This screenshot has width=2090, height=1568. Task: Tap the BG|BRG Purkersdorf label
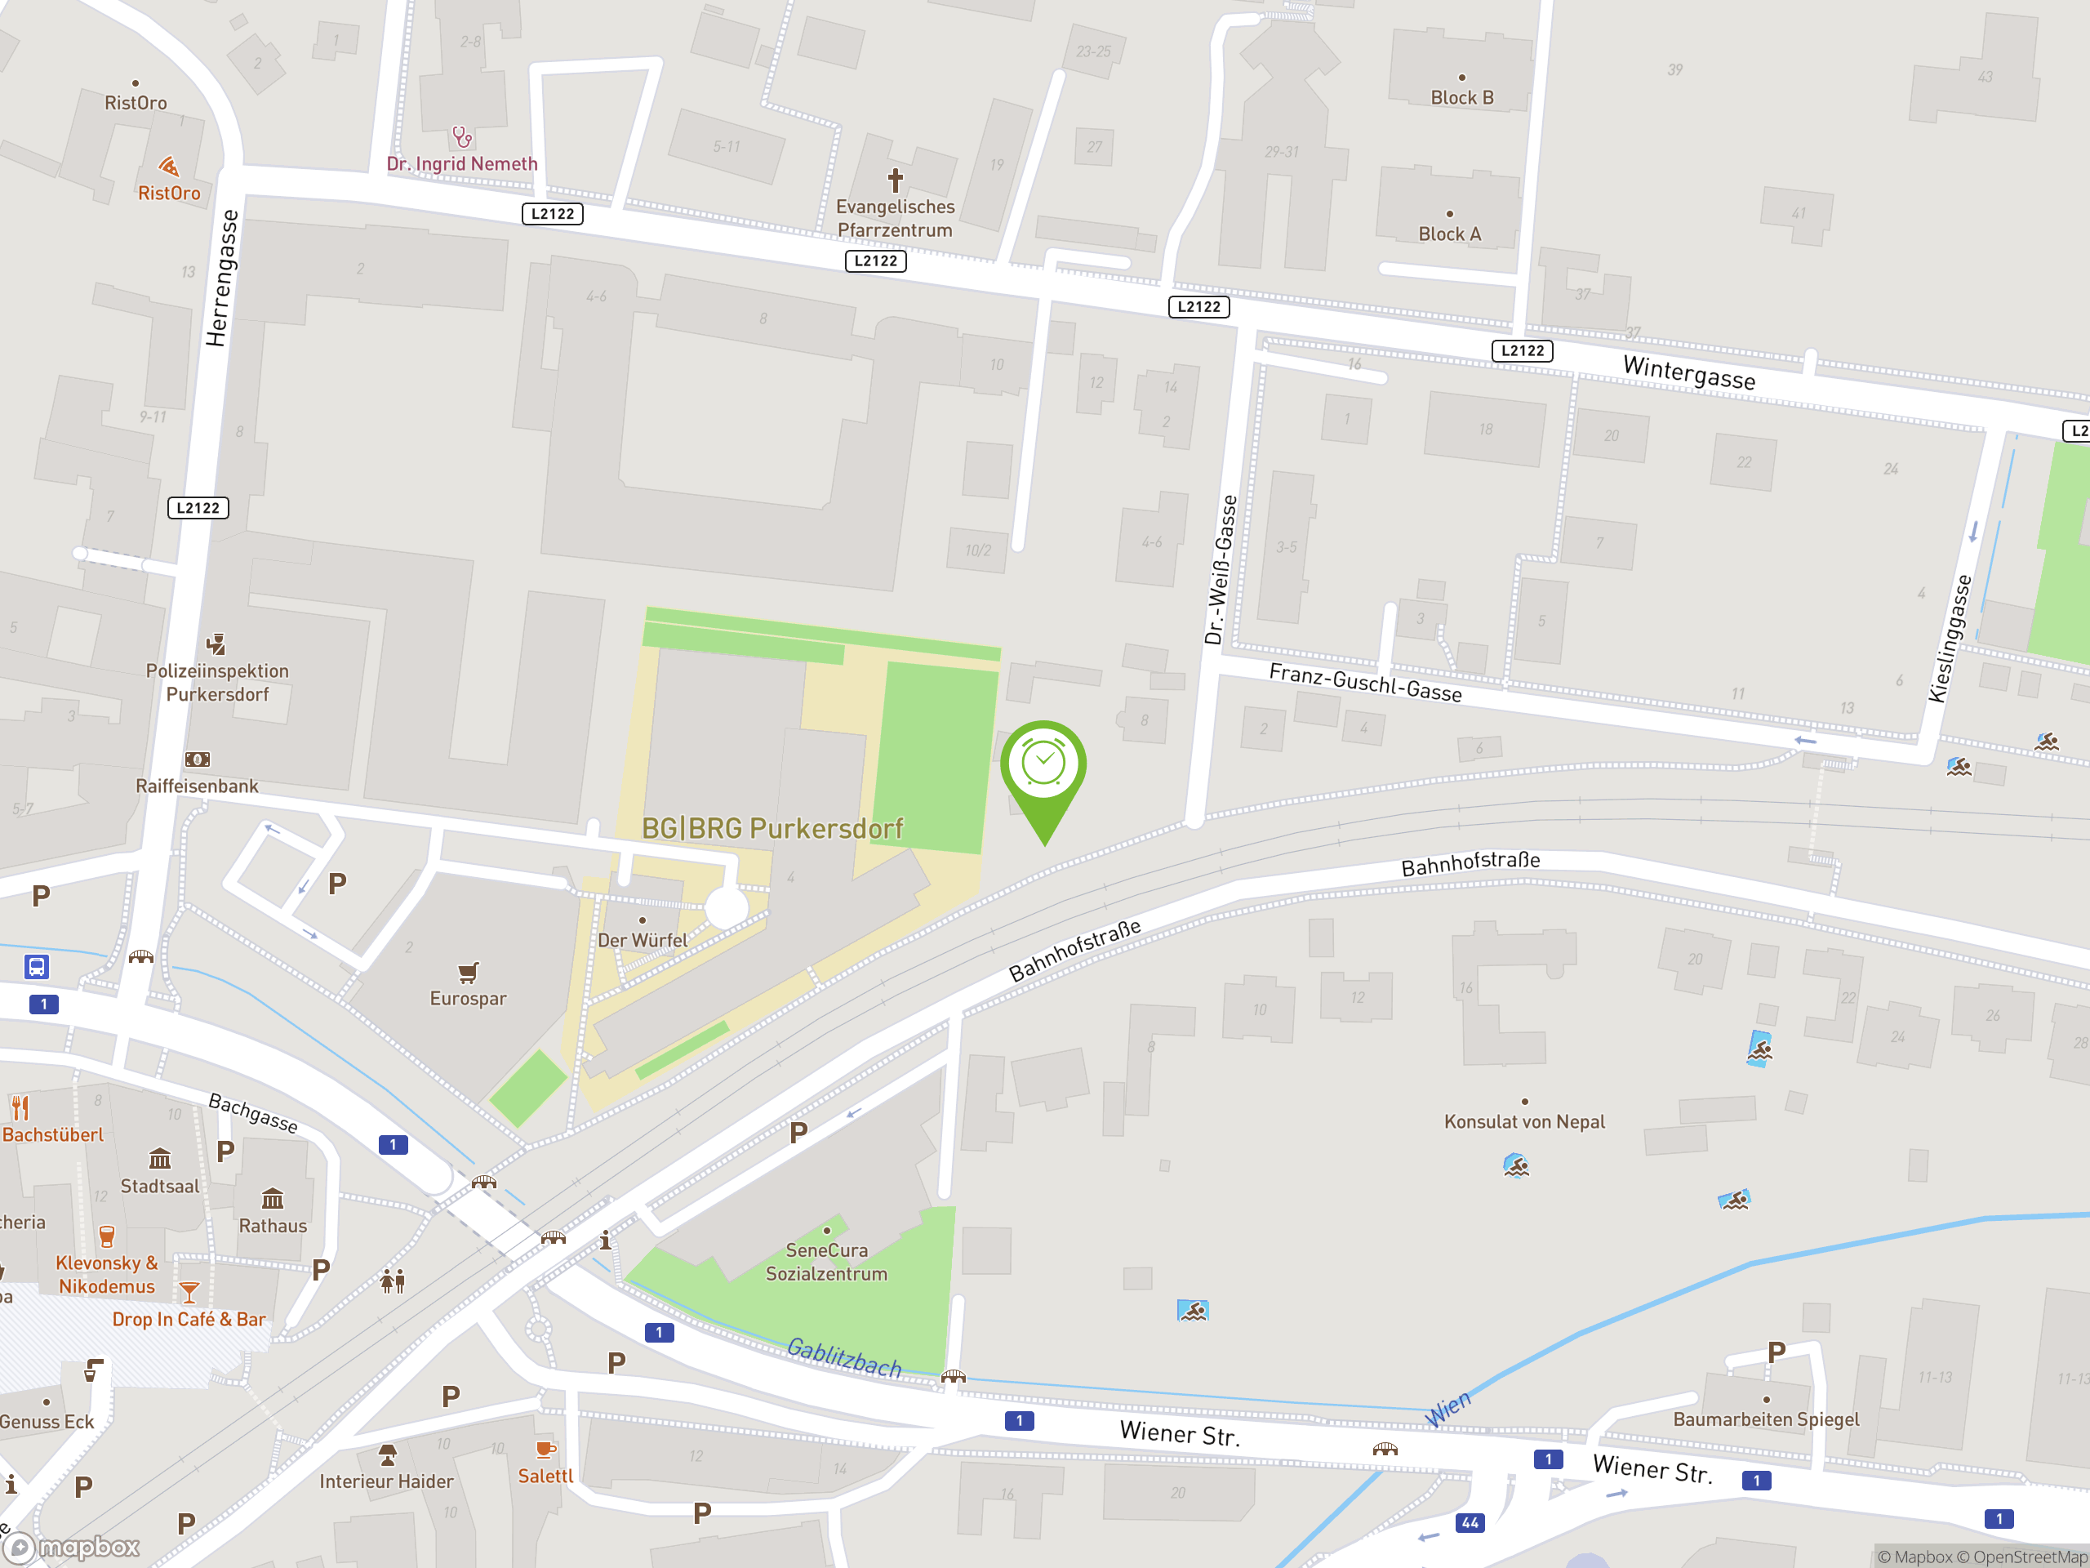coord(772,829)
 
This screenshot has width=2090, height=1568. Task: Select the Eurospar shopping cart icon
coord(468,972)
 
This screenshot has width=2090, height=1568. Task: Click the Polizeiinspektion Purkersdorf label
coord(217,683)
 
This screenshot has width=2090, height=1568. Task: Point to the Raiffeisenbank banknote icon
coord(198,759)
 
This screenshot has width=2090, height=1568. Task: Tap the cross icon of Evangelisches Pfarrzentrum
coord(895,179)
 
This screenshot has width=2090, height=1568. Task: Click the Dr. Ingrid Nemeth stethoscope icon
coord(462,137)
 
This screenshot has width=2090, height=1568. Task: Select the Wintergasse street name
coord(1688,372)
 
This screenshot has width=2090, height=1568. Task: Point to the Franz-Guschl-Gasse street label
coord(1365,683)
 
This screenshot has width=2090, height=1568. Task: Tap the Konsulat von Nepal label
coord(1524,1122)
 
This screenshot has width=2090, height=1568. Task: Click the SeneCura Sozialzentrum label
coord(827,1262)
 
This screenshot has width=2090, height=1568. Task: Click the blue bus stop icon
coord(36,967)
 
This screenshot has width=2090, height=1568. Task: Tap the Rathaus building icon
coord(272,1198)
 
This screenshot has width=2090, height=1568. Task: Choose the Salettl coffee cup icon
coord(545,1449)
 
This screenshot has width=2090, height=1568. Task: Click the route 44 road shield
coord(1470,1522)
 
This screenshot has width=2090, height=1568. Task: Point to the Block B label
coord(1461,97)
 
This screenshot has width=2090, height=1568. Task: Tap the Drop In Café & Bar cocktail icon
coord(189,1292)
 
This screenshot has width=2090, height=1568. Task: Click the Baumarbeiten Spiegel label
coord(1765,1419)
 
